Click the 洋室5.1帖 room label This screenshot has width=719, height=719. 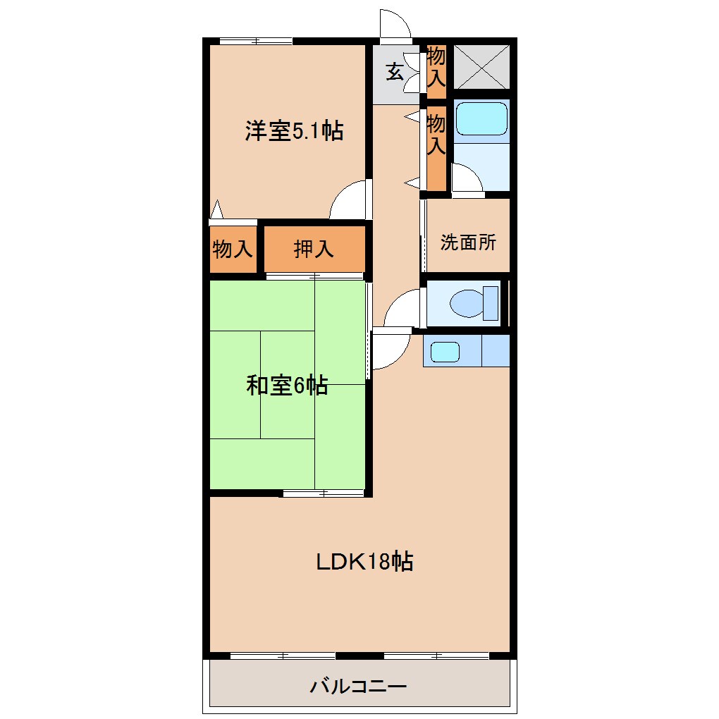pos(294,131)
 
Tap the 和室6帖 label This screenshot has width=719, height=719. pos(287,386)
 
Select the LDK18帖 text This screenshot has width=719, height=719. pos(363,562)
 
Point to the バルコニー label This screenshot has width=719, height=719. pos(358,685)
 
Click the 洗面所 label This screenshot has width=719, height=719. pos(468,242)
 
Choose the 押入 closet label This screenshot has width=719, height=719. pos(314,248)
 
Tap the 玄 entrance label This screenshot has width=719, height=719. pos(395,72)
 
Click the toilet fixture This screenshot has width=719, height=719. pos(469,304)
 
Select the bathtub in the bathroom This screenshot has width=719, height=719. pos(481,118)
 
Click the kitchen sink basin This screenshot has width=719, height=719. pos(445,351)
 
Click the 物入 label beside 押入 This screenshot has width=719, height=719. pos(233,249)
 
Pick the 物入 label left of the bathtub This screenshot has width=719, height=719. pos(436,135)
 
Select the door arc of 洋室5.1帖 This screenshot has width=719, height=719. pos(348,200)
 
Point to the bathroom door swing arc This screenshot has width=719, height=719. pos(465,178)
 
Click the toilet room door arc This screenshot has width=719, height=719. pos(401,309)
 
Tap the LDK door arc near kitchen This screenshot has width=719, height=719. pos(390,349)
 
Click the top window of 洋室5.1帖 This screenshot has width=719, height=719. pos(256,40)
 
